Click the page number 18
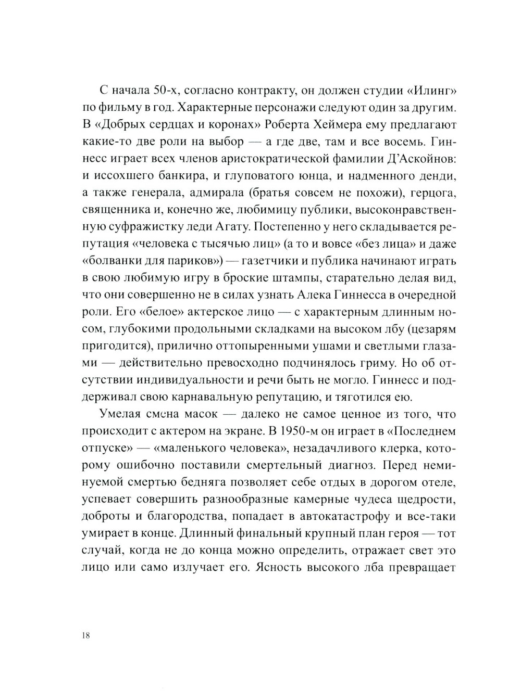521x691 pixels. point(86,636)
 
